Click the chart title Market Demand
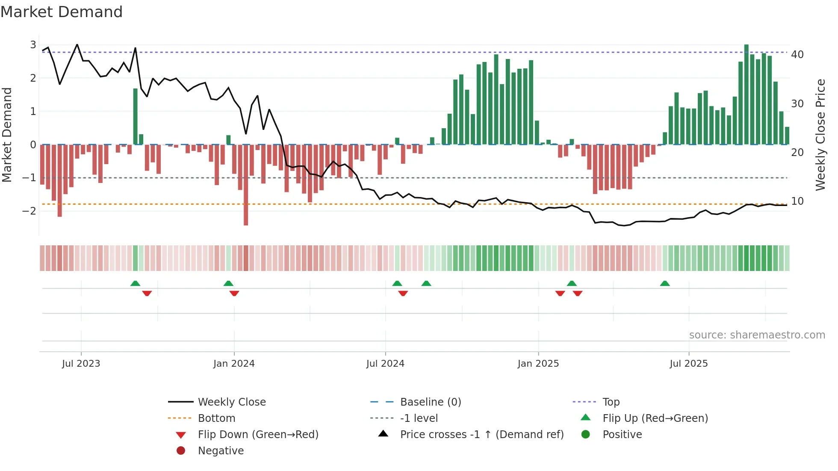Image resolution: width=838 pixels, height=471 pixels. tap(62, 12)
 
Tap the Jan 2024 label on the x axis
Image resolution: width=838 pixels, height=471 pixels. tap(234, 363)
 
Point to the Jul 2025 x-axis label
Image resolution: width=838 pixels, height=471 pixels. tap(688, 363)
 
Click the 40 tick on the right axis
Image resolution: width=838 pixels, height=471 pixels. tap(797, 54)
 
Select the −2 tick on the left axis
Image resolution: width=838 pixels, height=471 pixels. tap(29, 211)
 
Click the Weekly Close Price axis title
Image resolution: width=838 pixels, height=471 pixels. tap(820, 135)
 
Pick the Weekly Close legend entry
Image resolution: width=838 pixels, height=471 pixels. tap(231, 402)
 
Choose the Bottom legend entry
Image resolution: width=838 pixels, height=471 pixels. tap(216, 418)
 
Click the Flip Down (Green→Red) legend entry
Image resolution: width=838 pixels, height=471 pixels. tap(258, 434)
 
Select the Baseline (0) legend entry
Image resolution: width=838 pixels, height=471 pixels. tap(430, 402)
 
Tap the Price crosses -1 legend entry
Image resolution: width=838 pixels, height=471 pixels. tap(481, 434)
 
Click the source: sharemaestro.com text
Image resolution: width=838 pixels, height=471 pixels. tap(757, 335)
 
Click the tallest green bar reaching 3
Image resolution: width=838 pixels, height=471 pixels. tap(746, 94)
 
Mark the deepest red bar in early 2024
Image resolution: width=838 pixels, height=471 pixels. tap(246, 185)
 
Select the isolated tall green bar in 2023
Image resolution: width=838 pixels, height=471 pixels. tap(135, 116)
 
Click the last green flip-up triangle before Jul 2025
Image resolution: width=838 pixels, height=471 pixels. tap(664, 283)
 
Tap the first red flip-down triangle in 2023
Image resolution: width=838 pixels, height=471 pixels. tap(147, 293)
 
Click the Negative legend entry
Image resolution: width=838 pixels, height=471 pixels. tap(220, 450)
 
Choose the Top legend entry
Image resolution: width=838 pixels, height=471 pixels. tap(611, 402)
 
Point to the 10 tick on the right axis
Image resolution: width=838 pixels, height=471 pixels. tap(797, 201)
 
